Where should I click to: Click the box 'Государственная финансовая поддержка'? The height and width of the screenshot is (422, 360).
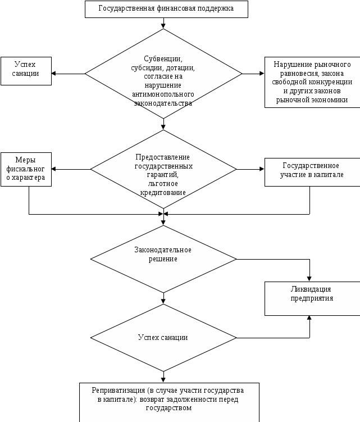click(166, 9)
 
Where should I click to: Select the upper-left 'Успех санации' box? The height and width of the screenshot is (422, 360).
click(26, 71)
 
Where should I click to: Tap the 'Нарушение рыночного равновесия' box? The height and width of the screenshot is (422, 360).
click(312, 82)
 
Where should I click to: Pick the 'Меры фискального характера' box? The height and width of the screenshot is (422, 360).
click(26, 169)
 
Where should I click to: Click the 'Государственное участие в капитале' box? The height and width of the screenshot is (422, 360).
click(312, 172)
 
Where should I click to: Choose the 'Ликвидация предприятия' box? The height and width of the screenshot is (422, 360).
click(312, 298)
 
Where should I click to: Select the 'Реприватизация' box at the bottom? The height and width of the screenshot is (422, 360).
click(169, 402)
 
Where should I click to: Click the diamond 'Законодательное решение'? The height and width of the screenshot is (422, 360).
click(163, 259)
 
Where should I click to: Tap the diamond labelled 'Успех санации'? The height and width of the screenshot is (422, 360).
click(163, 338)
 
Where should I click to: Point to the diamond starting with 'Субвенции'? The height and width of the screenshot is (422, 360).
click(163, 74)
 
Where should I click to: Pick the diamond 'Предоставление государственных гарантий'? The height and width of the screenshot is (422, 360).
click(163, 169)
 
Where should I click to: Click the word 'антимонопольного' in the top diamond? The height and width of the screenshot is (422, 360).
click(163, 94)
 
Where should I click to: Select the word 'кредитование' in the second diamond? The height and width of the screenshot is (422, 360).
click(163, 193)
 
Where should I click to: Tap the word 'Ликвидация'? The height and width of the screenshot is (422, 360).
click(311, 289)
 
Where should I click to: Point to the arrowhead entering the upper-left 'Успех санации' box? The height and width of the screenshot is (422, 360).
click(53, 74)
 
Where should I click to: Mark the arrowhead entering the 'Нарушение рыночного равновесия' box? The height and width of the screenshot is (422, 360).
click(262, 74)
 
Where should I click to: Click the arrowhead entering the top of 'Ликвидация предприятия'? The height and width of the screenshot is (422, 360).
click(309, 279)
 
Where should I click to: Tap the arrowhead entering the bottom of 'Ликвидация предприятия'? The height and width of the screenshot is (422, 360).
click(309, 318)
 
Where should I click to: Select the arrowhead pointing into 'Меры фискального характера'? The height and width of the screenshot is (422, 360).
click(53, 169)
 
